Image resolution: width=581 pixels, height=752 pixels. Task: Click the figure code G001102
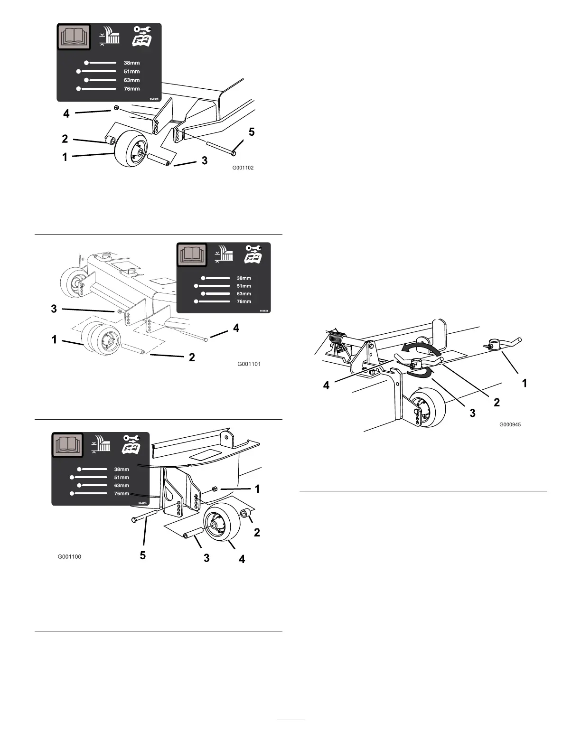(x=243, y=168)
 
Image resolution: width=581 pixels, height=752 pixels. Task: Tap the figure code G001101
(x=249, y=364)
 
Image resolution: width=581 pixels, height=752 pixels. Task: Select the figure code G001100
(x=70, y=556)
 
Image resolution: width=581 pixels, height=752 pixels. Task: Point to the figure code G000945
(x=510, y=424)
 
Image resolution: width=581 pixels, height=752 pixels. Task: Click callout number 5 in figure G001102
(x=252, y=132)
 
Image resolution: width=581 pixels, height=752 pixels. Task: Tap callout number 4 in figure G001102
(x=66, y=113)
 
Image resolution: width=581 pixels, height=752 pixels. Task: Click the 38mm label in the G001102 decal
(x=132, y=63)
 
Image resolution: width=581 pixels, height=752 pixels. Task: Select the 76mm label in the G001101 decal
(x=244, y=301)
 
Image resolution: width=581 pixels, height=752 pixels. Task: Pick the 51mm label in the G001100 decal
(x=122, y=478)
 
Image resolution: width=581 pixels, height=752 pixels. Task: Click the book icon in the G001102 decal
(x=74, y=37)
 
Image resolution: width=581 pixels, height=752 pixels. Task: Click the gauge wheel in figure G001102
(x=130, y=148)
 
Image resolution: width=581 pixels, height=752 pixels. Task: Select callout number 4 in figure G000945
(x=327, y=386)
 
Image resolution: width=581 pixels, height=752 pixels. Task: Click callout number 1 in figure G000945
(x=524, y=383)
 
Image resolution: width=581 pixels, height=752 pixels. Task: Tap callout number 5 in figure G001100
(x=143, y=555)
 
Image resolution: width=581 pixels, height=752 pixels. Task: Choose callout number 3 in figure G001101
(x=54, y=309)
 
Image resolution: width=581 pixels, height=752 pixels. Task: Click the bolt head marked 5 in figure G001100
(x=134, y=520)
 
